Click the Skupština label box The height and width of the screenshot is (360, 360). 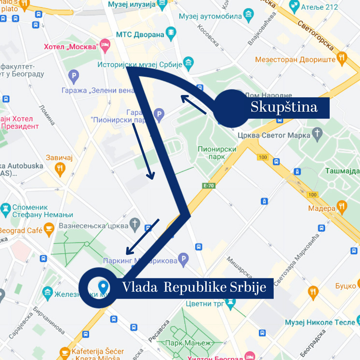click(284, 108)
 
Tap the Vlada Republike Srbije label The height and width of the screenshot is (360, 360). click(194, 288)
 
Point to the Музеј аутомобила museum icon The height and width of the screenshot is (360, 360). click(248, 15)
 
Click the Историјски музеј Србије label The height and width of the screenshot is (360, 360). click(140, 64)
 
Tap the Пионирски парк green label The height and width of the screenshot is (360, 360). click(217, 153)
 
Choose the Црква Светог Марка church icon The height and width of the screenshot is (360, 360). click(318, 134)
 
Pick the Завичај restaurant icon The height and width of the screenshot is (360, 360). click(60, 169)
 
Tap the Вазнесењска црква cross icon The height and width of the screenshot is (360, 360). click(135, 225)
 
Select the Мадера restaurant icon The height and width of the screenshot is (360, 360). click(342, 207)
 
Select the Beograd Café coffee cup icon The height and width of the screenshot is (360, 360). click(49, 230)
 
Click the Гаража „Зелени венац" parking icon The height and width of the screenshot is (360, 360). click(73, 77)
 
